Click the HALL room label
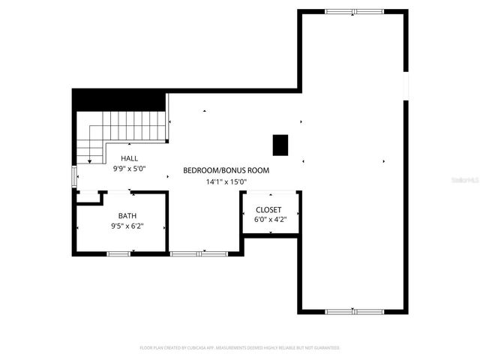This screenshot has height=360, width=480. point(130,158)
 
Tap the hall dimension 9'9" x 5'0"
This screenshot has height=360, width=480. point(130,169)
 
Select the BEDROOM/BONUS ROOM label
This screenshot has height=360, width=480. point(226,170)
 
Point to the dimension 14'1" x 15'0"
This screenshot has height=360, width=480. point(226,181)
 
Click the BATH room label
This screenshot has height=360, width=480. point(127,215)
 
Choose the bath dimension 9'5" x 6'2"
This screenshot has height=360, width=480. point(127,226)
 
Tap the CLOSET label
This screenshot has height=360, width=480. point(268,210)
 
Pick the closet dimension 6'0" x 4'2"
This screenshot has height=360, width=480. point(268,220)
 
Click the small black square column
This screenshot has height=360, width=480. point(280,145)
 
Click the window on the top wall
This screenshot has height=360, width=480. point(354,11)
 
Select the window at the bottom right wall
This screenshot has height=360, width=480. point(354,310)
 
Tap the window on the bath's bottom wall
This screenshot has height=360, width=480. point(119,254)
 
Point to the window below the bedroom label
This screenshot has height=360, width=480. point(199,254)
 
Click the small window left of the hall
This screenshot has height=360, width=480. point(73,176)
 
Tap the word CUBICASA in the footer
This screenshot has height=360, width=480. point(190,348)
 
